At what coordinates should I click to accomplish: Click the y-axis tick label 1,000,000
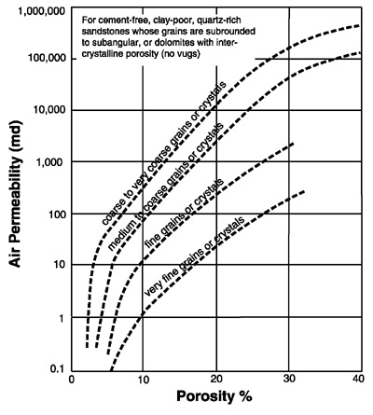pos(42,12)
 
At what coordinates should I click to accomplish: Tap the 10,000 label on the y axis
pos(48,110)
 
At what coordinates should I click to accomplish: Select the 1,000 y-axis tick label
pos(51,161)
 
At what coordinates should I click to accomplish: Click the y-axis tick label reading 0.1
pos(57,369)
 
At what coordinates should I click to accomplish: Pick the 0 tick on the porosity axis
pos(72,380)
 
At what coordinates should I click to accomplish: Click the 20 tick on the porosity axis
pos(216,380)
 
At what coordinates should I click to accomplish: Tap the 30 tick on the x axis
pos(289,380)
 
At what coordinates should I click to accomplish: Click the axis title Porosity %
pos(214,396)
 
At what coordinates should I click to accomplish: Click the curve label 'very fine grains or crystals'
pos(195,256)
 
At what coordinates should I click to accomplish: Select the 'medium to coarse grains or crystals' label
pos(165,187)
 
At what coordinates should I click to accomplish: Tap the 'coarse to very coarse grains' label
pos(164,153)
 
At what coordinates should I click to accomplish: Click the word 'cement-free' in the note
pos(117,21)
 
